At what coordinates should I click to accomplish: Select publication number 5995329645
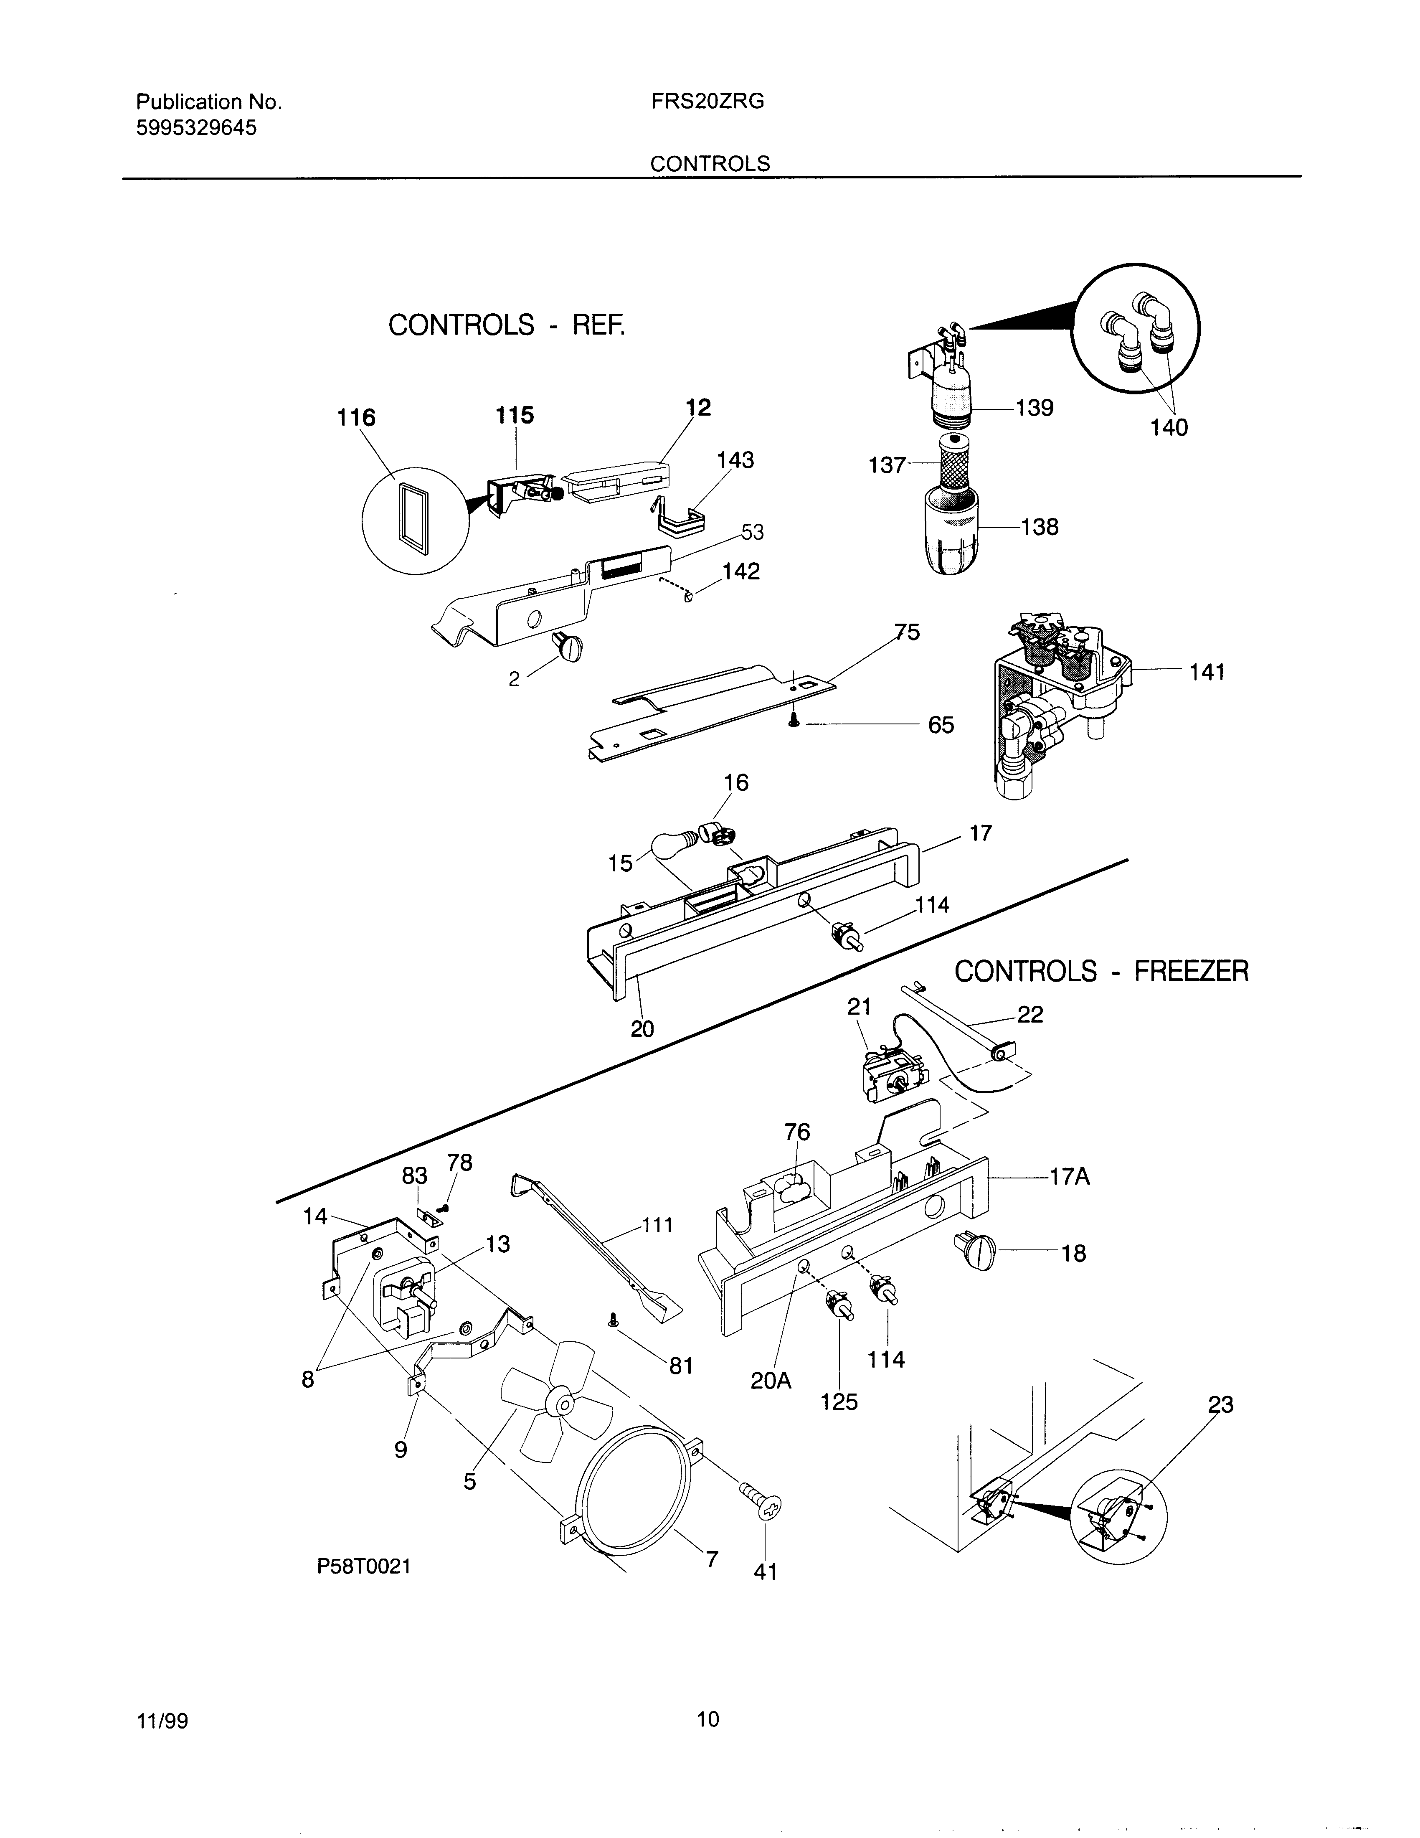196,128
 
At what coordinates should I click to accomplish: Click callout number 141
1206,673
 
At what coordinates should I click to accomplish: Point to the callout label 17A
1069,1176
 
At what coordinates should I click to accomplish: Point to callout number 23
1220,1404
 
